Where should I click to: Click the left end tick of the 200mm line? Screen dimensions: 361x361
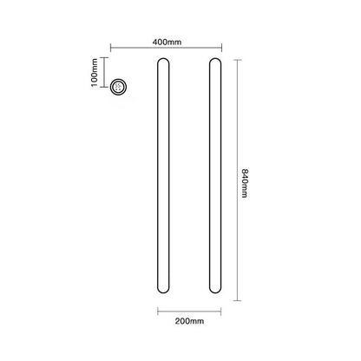[x=158, y=309]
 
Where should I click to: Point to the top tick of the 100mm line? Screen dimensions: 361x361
[x=104, y=57]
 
